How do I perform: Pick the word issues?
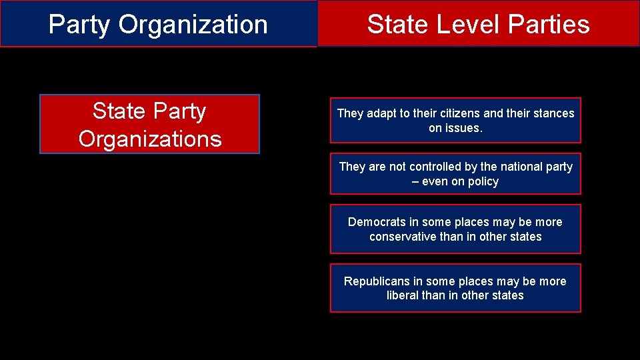coord(464,128)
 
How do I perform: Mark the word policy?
coord(483,181)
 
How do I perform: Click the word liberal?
coord(403,295)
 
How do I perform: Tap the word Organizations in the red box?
coord(150,139)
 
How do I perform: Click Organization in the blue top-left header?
coord(193,25)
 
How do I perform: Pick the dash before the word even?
coord(415,181)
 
